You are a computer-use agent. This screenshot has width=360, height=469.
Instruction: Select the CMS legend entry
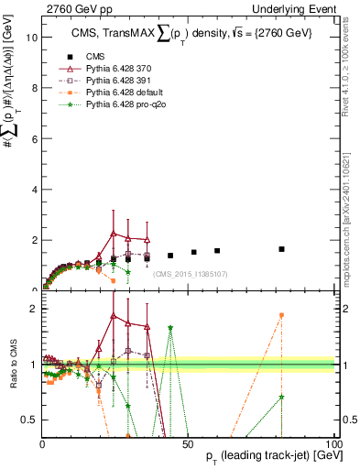point(96,56)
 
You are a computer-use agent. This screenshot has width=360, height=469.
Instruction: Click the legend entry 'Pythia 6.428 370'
point(119,69)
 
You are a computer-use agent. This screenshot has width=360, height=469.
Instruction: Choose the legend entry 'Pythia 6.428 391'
point(119,82)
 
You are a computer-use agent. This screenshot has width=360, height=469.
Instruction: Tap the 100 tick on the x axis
point(333,443)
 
